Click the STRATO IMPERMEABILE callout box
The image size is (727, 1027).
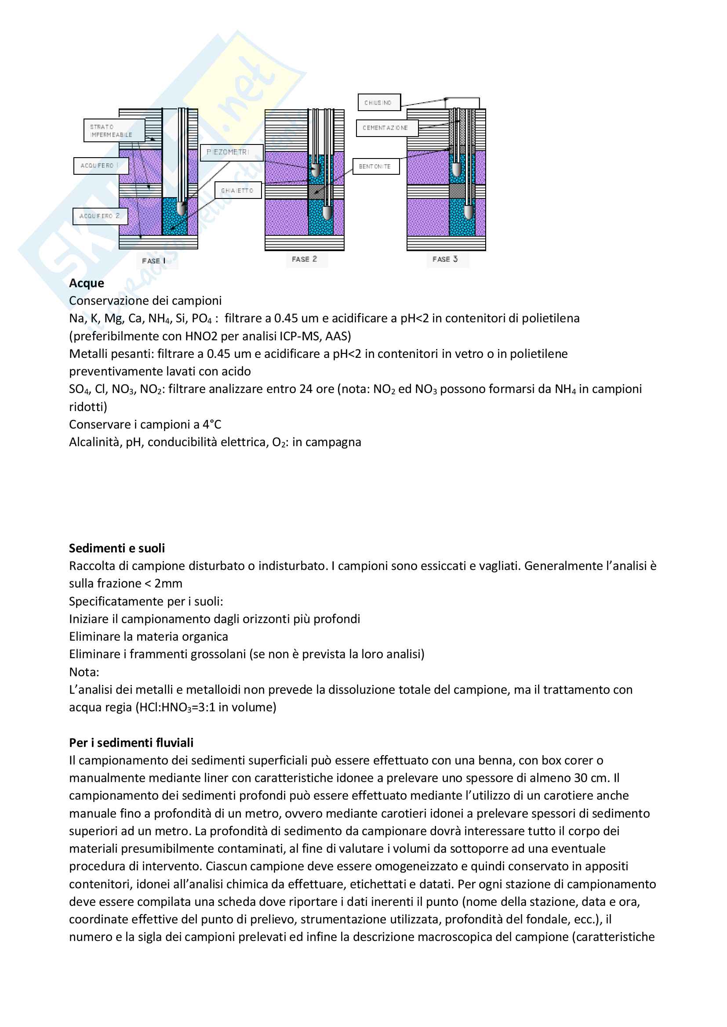(x=114, y=130)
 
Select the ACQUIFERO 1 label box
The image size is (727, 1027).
(x=101, y=166)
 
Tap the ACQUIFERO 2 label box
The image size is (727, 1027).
(x=100, y=216)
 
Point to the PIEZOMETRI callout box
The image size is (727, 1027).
(x=231, y=152)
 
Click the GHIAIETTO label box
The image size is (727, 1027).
(x=238, y=191)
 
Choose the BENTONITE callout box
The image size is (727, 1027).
(x=375, y=166)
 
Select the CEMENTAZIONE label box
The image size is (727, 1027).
(x=387, y=128)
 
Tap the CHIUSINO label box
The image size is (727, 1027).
(x=379, y=102)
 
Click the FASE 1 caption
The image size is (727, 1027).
(x=154, y=261)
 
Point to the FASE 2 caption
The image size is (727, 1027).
(x=305, y=259)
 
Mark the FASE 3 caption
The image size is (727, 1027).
(x=445, y=259)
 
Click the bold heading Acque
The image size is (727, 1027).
(x=87, y=283)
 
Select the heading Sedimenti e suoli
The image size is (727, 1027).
(x=117, y=548)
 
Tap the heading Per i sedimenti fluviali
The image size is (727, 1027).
(x=131, y=743)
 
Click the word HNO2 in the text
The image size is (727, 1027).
(x=201, y=336)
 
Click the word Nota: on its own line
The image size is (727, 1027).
(x=84, y=672)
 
